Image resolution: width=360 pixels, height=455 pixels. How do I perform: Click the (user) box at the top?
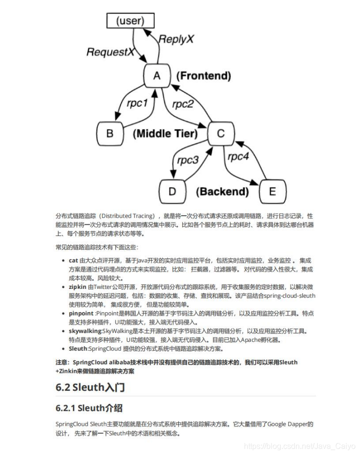pyautogui.click(x=130, y=21)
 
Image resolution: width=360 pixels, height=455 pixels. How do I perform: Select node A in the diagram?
pyautogui.click(x=156, y=76)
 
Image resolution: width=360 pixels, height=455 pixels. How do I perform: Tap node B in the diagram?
pyautogui.click(x=109, y=133)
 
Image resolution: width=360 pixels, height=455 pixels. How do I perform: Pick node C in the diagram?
pyautogui.click(x=221, y=133)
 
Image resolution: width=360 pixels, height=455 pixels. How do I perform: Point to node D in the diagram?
pyautogui.click(x=172, y=191)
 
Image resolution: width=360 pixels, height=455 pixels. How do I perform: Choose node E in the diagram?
pyautogui.click(x=272, y=191)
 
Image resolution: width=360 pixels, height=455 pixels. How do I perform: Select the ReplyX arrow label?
pyautogui.click(x=176, y=39)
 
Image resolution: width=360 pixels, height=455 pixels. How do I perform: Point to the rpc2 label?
pyautogui.click(x=183, y=103)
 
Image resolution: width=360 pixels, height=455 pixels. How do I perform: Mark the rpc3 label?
pyautogui.click(x=188, y=160)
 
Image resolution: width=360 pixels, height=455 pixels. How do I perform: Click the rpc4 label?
pyautogui.click(x=238, y=156)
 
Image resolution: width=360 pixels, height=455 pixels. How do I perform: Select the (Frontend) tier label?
pyautogui.click(x=204, y=76)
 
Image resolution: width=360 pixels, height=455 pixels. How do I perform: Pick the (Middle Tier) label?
pyautogui.click(x=165, y=134)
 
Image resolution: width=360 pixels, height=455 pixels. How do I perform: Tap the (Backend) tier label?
pyautogui.click(x=222, y=192)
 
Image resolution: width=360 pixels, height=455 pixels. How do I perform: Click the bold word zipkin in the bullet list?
pyautogui.click(x=78, y=287)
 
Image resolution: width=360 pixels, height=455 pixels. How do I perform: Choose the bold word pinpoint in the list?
pyautogui.click(x=81, y=314)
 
